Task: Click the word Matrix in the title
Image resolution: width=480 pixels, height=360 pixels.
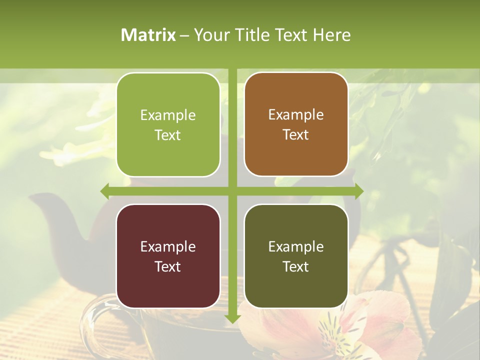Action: coord(148,35)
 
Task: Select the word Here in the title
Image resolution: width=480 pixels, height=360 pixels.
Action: coord(331,35)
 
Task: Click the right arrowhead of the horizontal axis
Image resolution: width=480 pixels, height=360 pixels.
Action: coord(358,191)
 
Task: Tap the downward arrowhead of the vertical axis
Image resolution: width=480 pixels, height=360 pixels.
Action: coord(232,318)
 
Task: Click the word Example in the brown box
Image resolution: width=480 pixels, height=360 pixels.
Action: coord(296,115)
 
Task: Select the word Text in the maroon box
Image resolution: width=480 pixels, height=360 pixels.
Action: coord(168,266)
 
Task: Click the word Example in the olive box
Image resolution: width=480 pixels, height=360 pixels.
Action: coord(296,246)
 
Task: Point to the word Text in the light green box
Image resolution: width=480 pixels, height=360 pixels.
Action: coord(168,135)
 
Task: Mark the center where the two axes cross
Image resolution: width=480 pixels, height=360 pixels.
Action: coord(232,191)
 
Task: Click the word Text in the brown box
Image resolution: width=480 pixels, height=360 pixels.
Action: coord(296,135)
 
